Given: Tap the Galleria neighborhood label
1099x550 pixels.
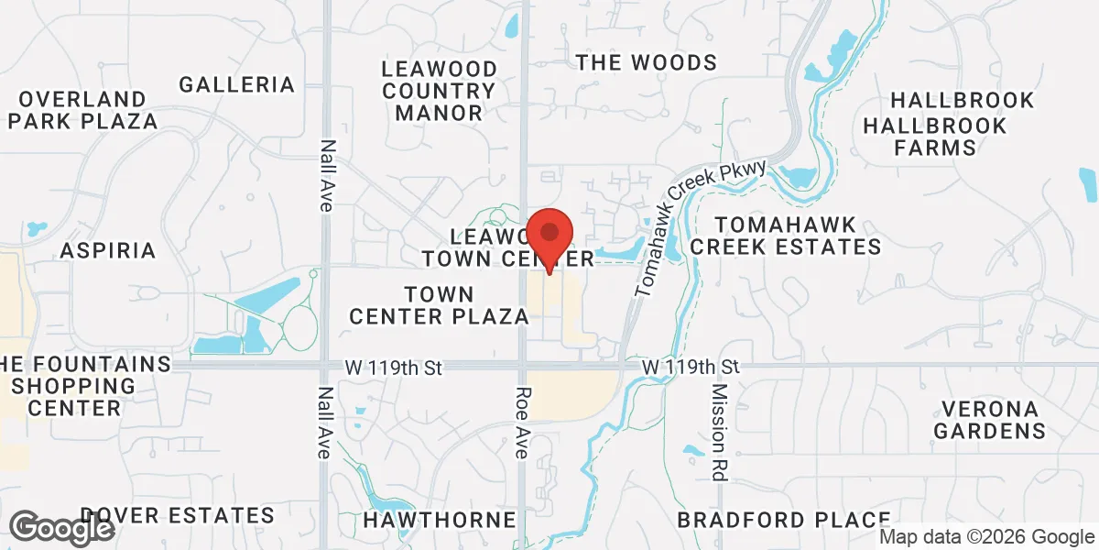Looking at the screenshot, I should [x=237, y=85].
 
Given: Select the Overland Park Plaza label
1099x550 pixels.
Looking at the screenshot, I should [x=81, y=109].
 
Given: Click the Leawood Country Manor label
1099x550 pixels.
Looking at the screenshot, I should [x=440, y=92].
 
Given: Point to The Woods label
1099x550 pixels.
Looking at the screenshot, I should [x=646, y=62].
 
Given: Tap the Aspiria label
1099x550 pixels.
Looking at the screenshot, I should [x=108, y=250].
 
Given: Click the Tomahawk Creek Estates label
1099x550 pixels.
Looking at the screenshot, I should [x=786, y=236].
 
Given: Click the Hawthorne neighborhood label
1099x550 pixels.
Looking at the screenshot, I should [x=440, y=520].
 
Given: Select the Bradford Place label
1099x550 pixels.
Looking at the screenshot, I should [x=784, y=520].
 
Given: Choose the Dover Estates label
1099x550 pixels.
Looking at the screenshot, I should [x=178, y=515].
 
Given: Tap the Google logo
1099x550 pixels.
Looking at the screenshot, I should [x=62, y=529].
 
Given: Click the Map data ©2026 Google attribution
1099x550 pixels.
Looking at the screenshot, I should [x=985, y=537].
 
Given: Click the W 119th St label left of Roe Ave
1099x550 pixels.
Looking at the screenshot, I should [x=394, y=367].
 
